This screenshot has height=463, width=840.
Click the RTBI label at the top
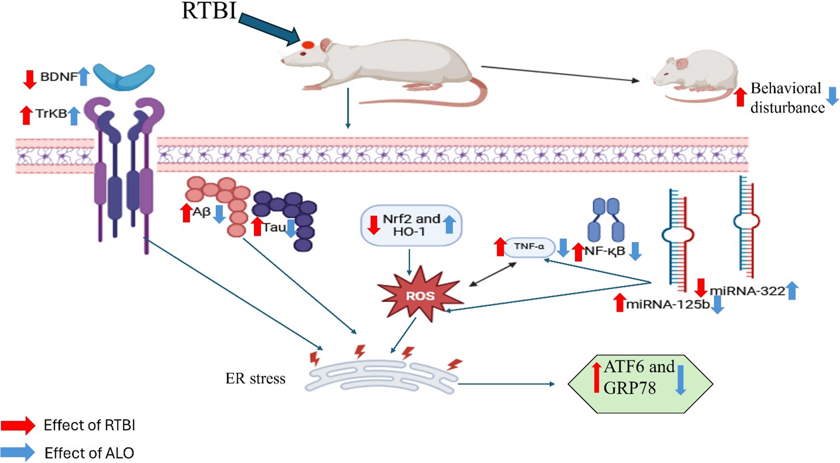click(x=209, y=11)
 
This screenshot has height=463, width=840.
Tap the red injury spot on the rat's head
click(x=308, y=45)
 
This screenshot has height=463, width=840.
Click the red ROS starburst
click(x=420, y=295)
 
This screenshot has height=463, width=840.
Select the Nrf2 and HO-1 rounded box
click(x=411, y=225)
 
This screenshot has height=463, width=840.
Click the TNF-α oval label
click(x=529, y=247)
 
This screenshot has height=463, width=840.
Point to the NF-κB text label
click(x=605, y=251)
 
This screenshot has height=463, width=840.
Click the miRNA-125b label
click(x=668, y=305)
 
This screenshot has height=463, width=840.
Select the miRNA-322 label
click(x=747, y=291)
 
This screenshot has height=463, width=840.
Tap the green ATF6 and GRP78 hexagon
click(x=640, y=384)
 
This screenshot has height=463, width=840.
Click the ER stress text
click(x=255, y=379)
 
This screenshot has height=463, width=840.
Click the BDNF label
click(x=58, y=77)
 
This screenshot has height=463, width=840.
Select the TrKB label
click(x=51, y=114)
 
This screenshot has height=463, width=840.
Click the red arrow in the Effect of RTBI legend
click(x=18, y=425)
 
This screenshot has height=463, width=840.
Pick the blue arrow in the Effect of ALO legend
click(x=18, y=452)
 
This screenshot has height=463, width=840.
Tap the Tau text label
click(x=274, y=227)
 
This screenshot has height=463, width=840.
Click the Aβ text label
click(x=201, y=212)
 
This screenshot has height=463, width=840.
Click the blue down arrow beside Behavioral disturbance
click(x=832, y=96)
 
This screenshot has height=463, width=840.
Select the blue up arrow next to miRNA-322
click(x=792, y=291)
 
